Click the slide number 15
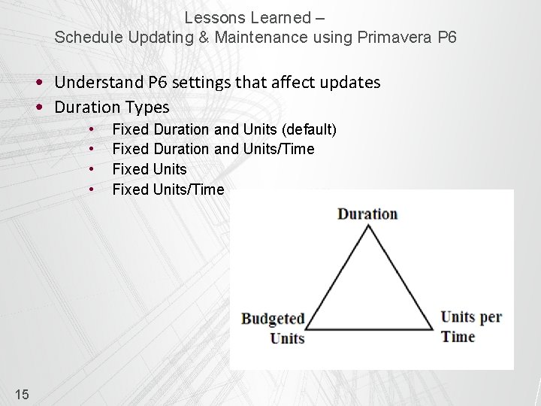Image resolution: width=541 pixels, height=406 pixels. point(22,393)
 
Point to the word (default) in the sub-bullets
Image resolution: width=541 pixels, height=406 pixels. point(309,129)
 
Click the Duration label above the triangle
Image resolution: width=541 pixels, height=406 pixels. point(367,214)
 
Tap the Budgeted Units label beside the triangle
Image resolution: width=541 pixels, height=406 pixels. point(273,328)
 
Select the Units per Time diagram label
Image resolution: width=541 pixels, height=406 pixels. point(470,326)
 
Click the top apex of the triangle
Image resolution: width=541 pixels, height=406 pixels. point(368,226)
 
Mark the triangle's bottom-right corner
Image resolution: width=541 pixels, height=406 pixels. point(433,329)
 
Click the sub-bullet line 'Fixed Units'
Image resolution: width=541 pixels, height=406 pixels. point(150,169)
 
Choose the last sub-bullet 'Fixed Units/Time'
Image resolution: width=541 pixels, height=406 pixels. point(168,189)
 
